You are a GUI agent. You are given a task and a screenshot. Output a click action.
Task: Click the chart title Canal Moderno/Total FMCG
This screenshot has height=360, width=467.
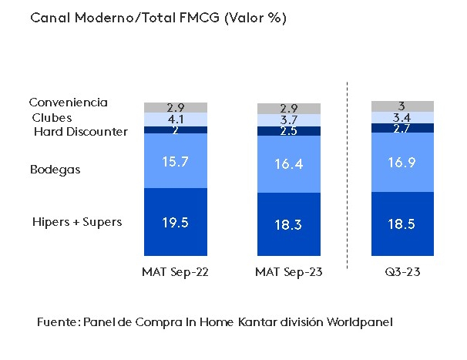[x=158, y=19]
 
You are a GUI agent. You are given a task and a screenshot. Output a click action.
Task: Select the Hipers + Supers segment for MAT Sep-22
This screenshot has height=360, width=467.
[x=176, y=222]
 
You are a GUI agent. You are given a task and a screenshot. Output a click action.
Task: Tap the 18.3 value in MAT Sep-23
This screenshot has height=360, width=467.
[x=289, y=225]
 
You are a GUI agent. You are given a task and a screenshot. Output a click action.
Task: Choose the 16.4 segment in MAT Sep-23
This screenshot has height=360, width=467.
[x=289, y=164]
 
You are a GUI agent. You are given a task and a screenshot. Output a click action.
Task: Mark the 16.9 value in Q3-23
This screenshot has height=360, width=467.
[x=402, y=162]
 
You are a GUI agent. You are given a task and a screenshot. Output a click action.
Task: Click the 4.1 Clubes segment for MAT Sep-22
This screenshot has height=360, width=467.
[x=176, y=119]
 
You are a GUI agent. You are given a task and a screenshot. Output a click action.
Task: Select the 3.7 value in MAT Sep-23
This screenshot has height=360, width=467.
[x=289, y=120]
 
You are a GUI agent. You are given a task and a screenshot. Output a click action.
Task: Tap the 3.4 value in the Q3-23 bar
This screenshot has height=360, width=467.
[x=402, y=117]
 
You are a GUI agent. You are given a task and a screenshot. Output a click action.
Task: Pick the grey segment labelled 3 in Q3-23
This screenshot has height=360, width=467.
[x=402, y=106]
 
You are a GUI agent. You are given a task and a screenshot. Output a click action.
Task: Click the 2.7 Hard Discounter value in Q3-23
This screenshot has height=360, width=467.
[x=402, y=128]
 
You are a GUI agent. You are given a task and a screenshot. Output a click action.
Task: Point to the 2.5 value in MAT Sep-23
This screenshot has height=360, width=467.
[x=289, y=131]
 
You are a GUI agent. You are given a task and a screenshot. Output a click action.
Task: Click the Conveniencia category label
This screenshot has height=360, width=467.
[x=68, y=103]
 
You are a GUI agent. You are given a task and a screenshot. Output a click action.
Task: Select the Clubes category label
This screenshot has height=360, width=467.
[x=52, y=118]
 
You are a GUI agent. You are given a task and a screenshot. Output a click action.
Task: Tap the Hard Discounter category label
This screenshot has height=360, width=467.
[x=81, y=132]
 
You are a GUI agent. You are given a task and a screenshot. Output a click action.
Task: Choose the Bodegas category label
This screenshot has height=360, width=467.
[x=55, y=170]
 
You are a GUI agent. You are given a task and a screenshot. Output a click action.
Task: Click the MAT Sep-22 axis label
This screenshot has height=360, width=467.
[x=176, y=272]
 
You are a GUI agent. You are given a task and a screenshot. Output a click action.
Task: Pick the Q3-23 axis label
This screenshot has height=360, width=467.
[x=402, y=272]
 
